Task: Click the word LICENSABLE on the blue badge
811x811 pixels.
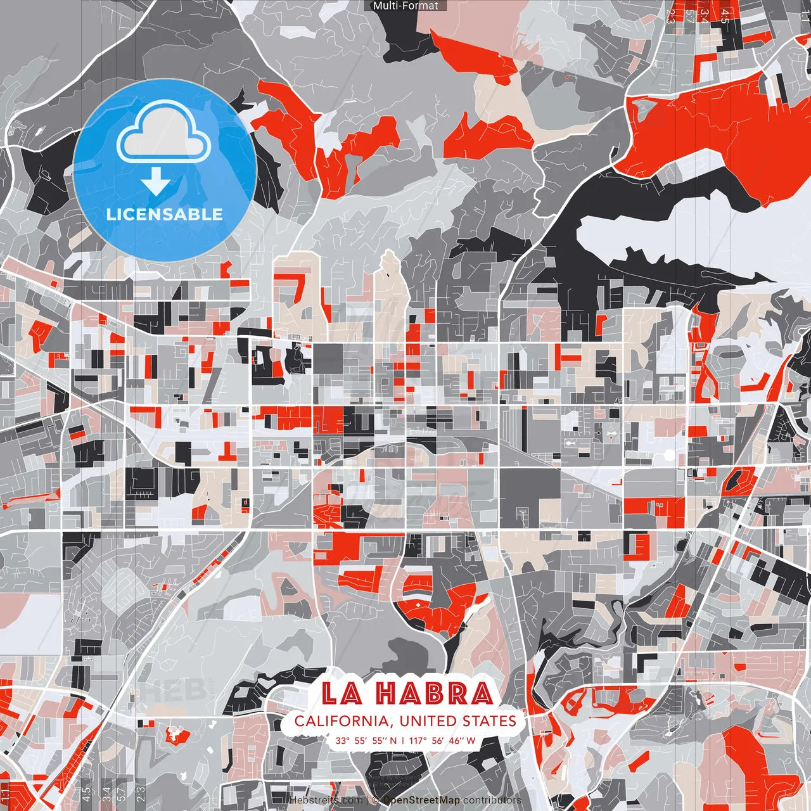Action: tap(165, 214)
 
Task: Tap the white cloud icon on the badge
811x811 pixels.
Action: tap(164, 134)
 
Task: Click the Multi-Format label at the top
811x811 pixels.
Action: tap(405, 6)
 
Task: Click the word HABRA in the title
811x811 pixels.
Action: tap(434, 694)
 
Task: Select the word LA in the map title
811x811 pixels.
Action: tap(342, 694)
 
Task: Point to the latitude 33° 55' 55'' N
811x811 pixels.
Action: tap(366, 740)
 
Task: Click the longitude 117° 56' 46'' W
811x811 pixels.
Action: tap(442, 740)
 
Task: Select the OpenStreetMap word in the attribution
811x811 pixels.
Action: tap(421, 800)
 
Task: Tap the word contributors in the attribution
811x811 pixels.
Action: tap(492, 800)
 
